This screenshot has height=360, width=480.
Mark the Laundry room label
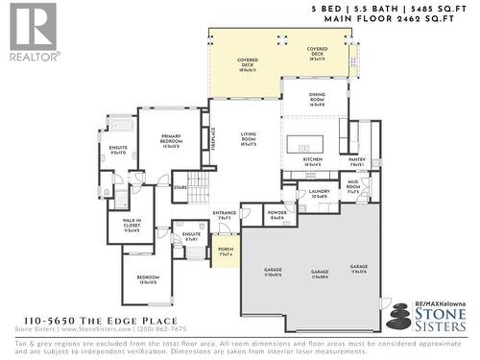pos(319,194)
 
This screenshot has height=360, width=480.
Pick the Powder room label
pos(277,216)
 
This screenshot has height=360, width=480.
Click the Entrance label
pos(225,215)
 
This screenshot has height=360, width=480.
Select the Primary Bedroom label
pos(171,142)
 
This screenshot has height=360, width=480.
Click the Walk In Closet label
pos(132,227)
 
